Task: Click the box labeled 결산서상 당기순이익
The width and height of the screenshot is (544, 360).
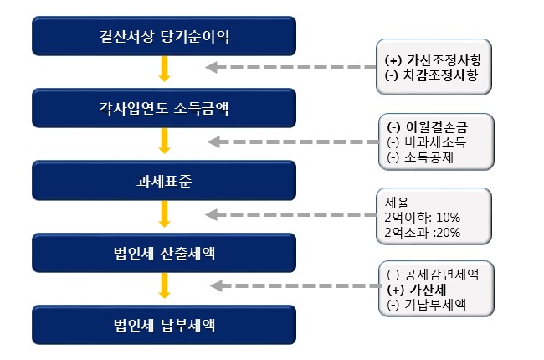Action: tap(164, 36)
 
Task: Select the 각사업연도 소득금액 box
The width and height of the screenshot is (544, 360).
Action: tap(164, 107)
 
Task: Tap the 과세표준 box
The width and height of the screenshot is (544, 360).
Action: tap(164, 179)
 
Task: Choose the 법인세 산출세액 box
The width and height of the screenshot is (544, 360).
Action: tap(164, 251)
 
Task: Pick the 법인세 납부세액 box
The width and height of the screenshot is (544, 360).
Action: tap(164, 323)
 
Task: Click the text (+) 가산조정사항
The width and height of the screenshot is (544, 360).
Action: tap(433, 61)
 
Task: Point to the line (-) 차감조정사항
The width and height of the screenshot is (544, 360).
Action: tap(432, 76)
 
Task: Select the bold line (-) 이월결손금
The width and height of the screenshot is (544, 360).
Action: tap(427, 126)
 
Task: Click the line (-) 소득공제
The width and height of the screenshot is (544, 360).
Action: tap(419, 157)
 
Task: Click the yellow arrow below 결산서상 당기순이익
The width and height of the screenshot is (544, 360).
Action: tap(164, 69)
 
